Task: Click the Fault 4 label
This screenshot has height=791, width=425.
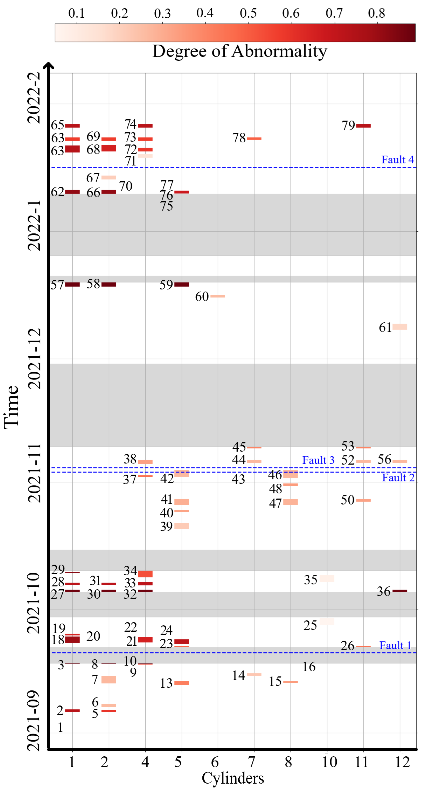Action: pos(397,160)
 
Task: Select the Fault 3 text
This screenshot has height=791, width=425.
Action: pos(318,460)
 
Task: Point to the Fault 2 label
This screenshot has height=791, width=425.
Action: pos(398,478)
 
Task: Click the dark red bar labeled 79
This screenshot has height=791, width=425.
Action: pos(363,126)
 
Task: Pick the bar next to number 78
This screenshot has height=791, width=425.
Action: pos(254,139)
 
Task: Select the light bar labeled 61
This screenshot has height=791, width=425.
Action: pos(400,327)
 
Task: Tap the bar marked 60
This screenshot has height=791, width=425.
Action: pos(218,296)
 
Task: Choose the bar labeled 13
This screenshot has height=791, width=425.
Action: pos(181,683)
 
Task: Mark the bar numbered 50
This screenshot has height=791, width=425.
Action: pos(363,500)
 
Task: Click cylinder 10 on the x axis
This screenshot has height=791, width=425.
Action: pos(329,762)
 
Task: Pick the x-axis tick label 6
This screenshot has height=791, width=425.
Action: pos(215,762)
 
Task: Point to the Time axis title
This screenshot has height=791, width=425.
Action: pos(12,407)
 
